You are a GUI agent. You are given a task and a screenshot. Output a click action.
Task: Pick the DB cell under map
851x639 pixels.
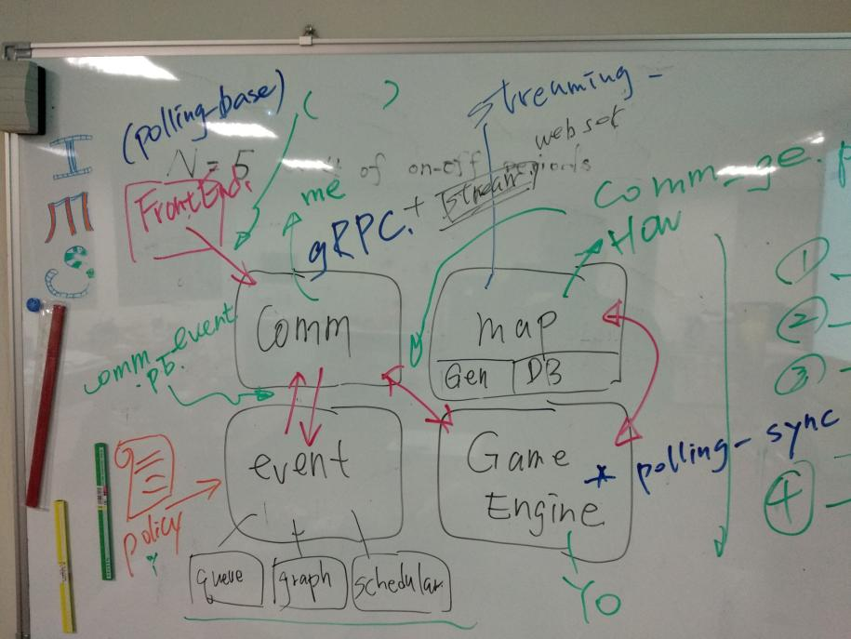click(x=539, y=372)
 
